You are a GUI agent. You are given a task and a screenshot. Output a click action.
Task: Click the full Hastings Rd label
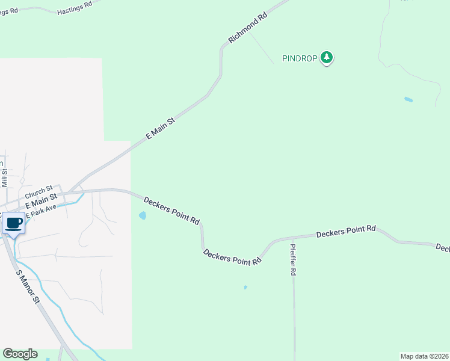coord(75,8)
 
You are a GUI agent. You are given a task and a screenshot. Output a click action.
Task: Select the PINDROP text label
coord(300,58)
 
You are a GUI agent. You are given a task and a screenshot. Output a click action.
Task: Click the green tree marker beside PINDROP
coord(327,58)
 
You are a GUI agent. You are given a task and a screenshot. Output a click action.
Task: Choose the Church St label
coord(39,191)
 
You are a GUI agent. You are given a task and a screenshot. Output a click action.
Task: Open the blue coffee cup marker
coord(14,224)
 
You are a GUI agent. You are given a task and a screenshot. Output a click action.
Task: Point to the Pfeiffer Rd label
coord(294,259)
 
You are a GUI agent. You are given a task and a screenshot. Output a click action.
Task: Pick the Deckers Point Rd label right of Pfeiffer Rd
coord(346,231)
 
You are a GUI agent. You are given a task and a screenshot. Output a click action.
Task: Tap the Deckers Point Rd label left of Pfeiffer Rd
coord(232,258)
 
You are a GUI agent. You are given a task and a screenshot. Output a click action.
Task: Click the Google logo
coord(20,354)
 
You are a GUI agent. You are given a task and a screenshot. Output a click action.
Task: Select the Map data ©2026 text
coord(424,356)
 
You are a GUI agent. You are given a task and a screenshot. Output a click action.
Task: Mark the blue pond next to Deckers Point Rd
coord(143,215)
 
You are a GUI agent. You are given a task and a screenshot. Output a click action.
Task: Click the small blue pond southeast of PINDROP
coord(408,99)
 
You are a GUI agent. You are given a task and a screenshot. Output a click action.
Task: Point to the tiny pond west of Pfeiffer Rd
coord(245,288)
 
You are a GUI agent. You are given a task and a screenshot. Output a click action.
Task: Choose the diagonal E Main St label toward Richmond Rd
coord(161,129)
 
